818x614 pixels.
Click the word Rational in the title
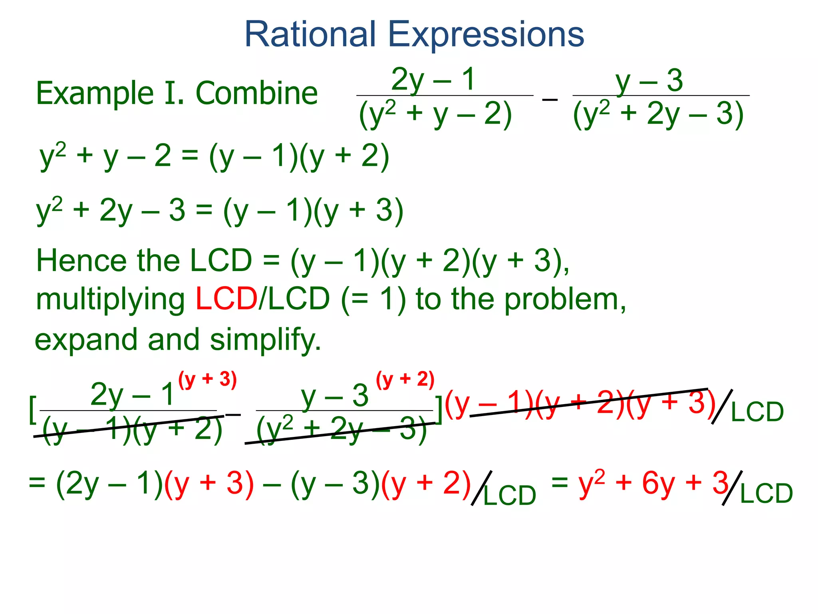pos(310,34)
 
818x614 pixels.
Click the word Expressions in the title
pos(486,35)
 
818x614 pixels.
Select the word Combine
pos(256,93)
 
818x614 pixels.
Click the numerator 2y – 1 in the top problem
pos(433,80)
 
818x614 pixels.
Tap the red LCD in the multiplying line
pos(226,299)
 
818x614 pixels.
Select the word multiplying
pos(110,301)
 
